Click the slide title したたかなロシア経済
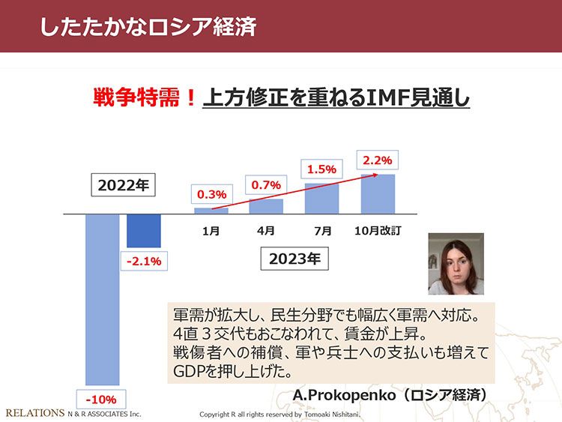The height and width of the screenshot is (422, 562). click(149, 27)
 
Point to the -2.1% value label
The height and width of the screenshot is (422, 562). click(142, 262)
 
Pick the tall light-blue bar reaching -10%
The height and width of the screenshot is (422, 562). click(103, 300)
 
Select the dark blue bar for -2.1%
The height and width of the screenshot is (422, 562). click(143, 231)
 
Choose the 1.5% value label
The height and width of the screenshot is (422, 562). click(321, 169)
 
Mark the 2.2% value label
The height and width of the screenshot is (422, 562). click(377, 160)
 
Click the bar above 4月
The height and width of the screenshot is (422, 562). click(266, 206)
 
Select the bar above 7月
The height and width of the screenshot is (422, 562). click(321, 199)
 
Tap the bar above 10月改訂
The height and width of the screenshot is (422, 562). click(378, 194)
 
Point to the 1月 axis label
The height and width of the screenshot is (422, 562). click(211, 232)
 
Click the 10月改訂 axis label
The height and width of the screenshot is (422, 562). click(378, 232)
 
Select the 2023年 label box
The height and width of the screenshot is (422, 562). click(294, 259)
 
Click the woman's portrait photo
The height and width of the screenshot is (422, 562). click(456, 264)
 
